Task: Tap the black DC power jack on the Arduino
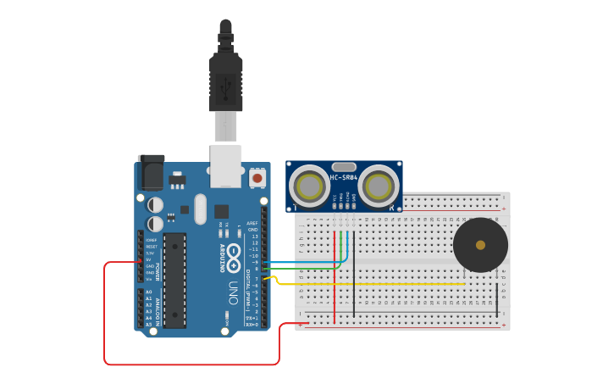(x=151, y=174)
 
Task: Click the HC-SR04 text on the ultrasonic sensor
(x=344, y=178)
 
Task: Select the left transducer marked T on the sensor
(x=311, y=186)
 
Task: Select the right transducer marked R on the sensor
(x=378, y=186)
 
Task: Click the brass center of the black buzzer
(x=480, y=245)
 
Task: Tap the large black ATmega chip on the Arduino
(x=174, y=280)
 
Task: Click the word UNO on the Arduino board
(x=232, y=292)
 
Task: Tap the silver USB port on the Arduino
(x=225, y=166)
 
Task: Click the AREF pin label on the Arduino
(x=252, y=223)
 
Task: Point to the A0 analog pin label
(x=149, y=292)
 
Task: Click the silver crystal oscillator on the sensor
(x=344, y=167)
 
